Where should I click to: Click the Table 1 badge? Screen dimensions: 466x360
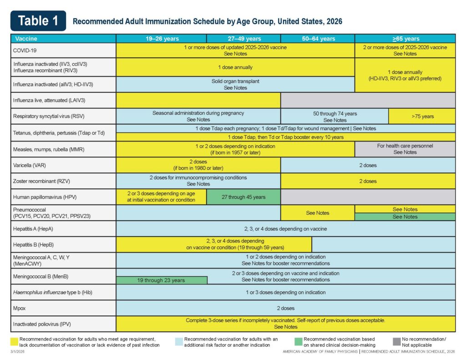38,21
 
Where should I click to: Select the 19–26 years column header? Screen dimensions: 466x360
162,39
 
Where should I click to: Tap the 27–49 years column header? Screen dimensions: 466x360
244,39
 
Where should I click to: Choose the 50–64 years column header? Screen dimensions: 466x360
318,39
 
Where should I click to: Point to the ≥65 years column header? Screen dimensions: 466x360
405,39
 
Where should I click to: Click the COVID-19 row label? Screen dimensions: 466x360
25,51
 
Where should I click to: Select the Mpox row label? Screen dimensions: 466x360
19,308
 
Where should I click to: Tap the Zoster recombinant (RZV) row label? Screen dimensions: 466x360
41,181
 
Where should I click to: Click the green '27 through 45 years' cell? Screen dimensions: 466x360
243,197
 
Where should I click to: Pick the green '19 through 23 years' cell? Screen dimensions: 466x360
162,280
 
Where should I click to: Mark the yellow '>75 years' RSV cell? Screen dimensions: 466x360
422,116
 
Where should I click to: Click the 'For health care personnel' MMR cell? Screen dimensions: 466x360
405,149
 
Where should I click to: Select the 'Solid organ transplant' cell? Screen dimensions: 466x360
235,85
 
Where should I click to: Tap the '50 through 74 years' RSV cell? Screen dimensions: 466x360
334,117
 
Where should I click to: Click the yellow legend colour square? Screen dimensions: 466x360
14,342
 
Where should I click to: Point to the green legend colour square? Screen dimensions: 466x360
299,342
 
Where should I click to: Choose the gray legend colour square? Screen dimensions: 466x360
397,342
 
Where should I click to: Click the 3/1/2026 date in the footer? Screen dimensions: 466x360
18,352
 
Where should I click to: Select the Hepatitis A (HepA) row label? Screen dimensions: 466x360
33,229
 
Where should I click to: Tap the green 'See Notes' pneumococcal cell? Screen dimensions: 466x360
405,217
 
